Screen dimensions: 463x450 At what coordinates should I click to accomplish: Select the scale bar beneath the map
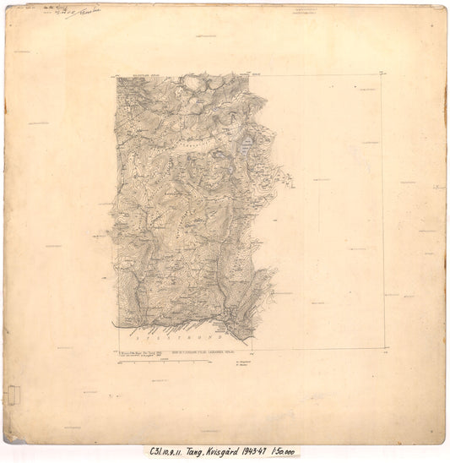[x=160, y=362]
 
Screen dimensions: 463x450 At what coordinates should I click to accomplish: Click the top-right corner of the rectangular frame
[x=382, y=76]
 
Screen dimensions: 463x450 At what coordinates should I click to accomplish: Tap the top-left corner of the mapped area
[x=114, y=79]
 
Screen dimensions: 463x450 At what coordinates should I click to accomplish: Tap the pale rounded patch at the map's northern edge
[x=192, y=82]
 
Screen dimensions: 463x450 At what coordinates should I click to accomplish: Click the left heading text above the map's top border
[x=135, y=75]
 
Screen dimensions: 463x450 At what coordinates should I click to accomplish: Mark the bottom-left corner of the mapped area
[x=115, y=327]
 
